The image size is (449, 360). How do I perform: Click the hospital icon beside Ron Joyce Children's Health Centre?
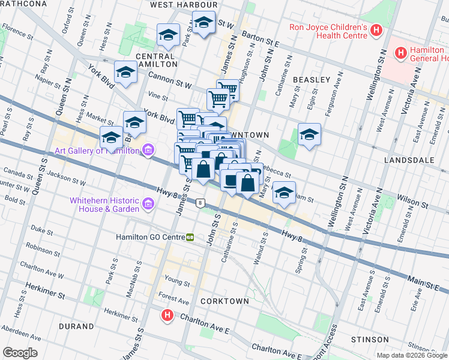point(376,30)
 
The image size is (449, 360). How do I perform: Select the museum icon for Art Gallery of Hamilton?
point(148,151)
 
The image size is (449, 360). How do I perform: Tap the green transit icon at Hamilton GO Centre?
point(190,237)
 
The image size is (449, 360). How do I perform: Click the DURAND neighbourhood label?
point(76,326)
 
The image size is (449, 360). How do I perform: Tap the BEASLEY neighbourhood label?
point(312,80)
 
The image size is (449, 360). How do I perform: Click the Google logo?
point(20,353)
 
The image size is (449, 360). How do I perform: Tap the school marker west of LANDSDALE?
point(309,134)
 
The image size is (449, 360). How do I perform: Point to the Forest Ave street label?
point(173,298)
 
